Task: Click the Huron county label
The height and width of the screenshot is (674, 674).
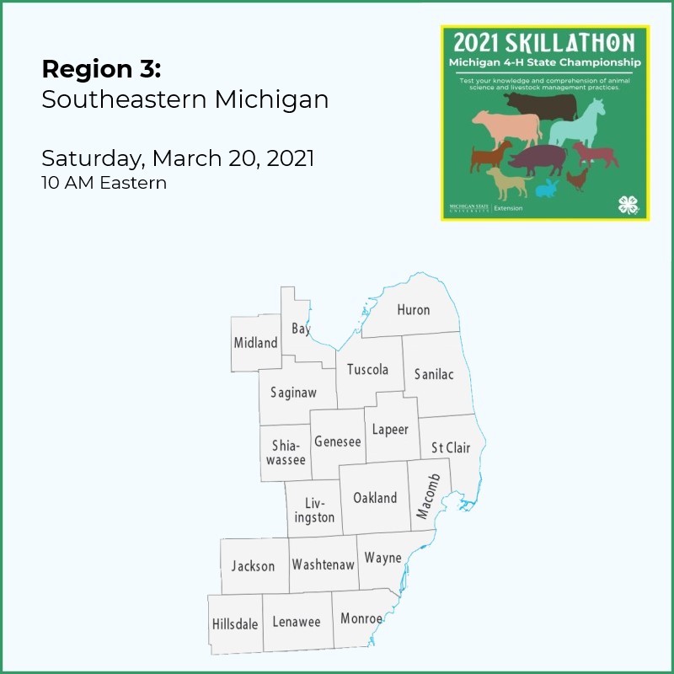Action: [x=413, y=310]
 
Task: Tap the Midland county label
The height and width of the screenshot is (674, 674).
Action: [x=255, y=343]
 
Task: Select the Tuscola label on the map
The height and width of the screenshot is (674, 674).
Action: [x=367, y=370]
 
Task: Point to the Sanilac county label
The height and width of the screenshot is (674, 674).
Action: [x=433, y=374]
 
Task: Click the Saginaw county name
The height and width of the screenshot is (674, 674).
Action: [x=293, y=393]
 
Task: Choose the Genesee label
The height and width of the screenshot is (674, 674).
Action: [x=337, y=441]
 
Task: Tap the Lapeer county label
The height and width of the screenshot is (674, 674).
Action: [x=390, y=430]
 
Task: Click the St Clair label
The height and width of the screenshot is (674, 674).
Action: [x=451, y=447]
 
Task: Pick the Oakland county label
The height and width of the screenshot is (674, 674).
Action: [x=375, y=498]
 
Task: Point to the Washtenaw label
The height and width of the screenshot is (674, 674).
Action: [x=323, y=564]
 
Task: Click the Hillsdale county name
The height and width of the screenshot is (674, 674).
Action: [x=235, y=624]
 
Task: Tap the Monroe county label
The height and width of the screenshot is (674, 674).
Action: [x=361, y=619]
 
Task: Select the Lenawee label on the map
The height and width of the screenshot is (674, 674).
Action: [x=297, y=623]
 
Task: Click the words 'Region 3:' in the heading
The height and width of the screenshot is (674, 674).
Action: [x=101, y=68]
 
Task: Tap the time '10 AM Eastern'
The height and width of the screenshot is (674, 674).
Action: [x=104, y=182]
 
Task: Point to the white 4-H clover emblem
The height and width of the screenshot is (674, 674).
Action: [x=628, y=204]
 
